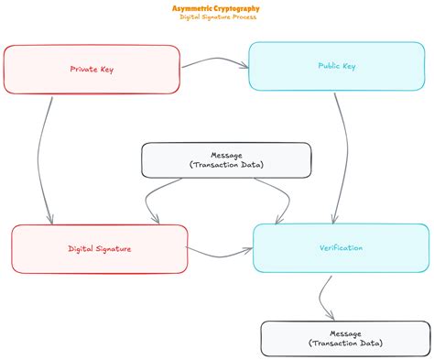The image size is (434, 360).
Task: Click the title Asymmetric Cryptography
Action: pos(215,8)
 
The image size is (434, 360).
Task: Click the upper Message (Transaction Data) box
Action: pos(225,159)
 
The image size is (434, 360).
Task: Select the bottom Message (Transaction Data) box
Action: pos(345,338)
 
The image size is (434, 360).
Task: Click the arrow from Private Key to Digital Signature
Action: pos(41,156)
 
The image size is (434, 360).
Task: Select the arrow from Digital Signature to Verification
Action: pos(220,252)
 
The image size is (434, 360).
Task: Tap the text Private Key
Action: pos(92,69)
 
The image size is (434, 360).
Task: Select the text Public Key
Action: pos(337,66)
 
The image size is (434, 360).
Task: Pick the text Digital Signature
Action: pos(99,248)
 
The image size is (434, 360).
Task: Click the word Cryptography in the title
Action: pos(233,8)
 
